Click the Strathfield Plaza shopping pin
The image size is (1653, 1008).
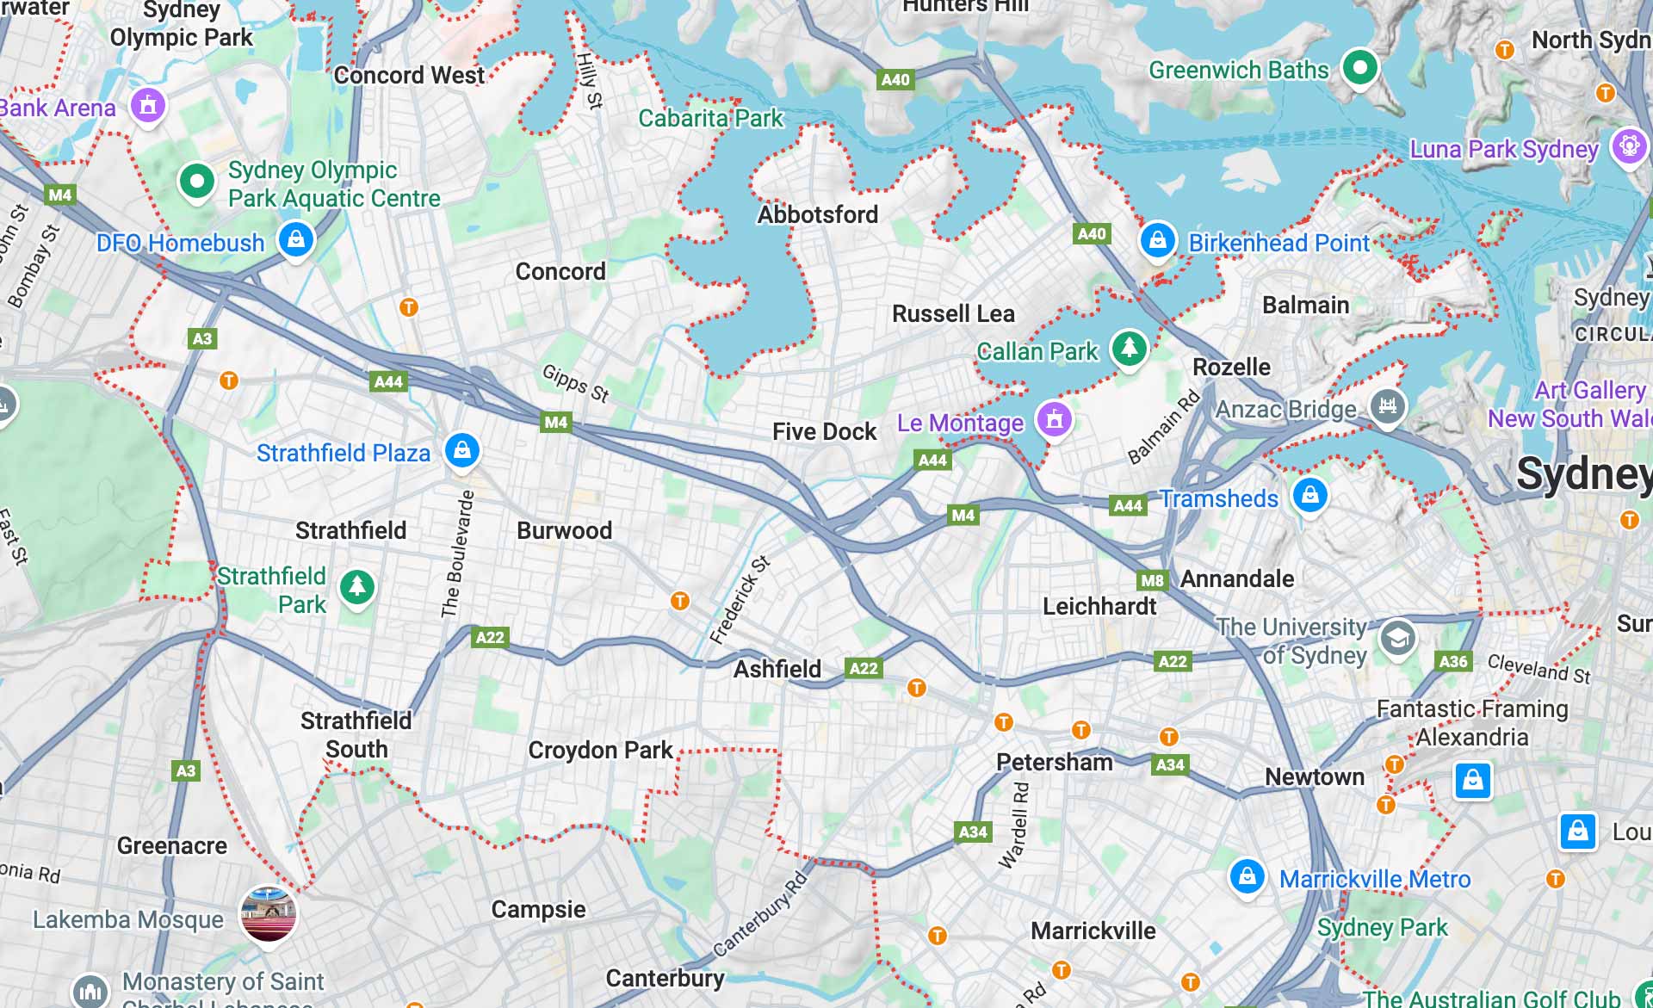(x=461, y=450)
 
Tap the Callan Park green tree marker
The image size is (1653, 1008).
(x=1128, y=349)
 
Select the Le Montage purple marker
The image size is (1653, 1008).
(x=1054, y=420)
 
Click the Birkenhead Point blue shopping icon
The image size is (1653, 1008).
(x=1157, y=240)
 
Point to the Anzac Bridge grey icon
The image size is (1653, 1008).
(x=1387, y=405)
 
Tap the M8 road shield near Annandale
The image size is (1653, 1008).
(x=1151, y=580)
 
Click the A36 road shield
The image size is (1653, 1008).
(x=1453, y=661)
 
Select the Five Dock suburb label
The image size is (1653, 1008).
(x=824, y=431)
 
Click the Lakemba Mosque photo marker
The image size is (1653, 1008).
(x=269, y=914)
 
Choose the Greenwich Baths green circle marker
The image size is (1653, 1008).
(x=1359, y=67)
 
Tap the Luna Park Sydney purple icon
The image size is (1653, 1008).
(x=1629, y=145)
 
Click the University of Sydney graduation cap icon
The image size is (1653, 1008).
(x=1397, y=638)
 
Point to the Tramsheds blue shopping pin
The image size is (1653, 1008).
(x=1309, y=495)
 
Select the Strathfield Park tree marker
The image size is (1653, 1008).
(x=356, y=587)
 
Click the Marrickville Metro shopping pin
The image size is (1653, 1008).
(x=1247, y=877)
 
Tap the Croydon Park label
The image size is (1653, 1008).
(x=600, y=750)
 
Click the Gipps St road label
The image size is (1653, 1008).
(x=575, y=383)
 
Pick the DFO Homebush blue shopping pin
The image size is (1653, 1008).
(x=295, y=238)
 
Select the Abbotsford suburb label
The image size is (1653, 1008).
(x=817, y=214)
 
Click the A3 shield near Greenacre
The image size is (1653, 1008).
(x=186, y=770)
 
